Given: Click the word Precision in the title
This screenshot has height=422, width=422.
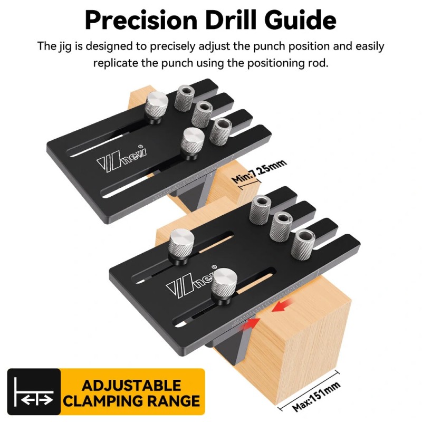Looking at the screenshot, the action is pyautogui.click(x=141, y=21).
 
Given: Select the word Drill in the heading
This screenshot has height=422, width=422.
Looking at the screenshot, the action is pyautogui.click(x=231, y=20).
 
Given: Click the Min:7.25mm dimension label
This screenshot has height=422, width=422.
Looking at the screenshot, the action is pyautogui.click(x=258, y=171).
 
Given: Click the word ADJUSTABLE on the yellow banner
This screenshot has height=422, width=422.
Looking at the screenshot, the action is pyautogui.click(x=131, y=386).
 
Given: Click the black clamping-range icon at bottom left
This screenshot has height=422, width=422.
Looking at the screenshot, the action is pyautogui.click(x=34, y=391).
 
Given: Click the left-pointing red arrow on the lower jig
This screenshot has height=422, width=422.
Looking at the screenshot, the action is pyautogui.click(x=282, y=307).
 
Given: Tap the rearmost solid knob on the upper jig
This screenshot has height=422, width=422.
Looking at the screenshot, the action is pyautogui.click(x=156, y=107).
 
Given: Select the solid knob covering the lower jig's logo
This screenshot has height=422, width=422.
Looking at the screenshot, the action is pyautogui.click(x=224, y=286).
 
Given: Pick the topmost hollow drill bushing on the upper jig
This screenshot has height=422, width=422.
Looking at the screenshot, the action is pyautogui.click(x=185, y=98).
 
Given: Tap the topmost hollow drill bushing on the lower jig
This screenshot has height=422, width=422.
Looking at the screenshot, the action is pyautogui.click(x=260, y=210).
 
